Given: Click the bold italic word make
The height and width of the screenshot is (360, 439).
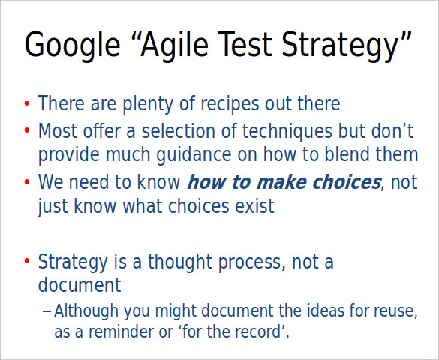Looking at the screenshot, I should (x=280, y=182).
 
